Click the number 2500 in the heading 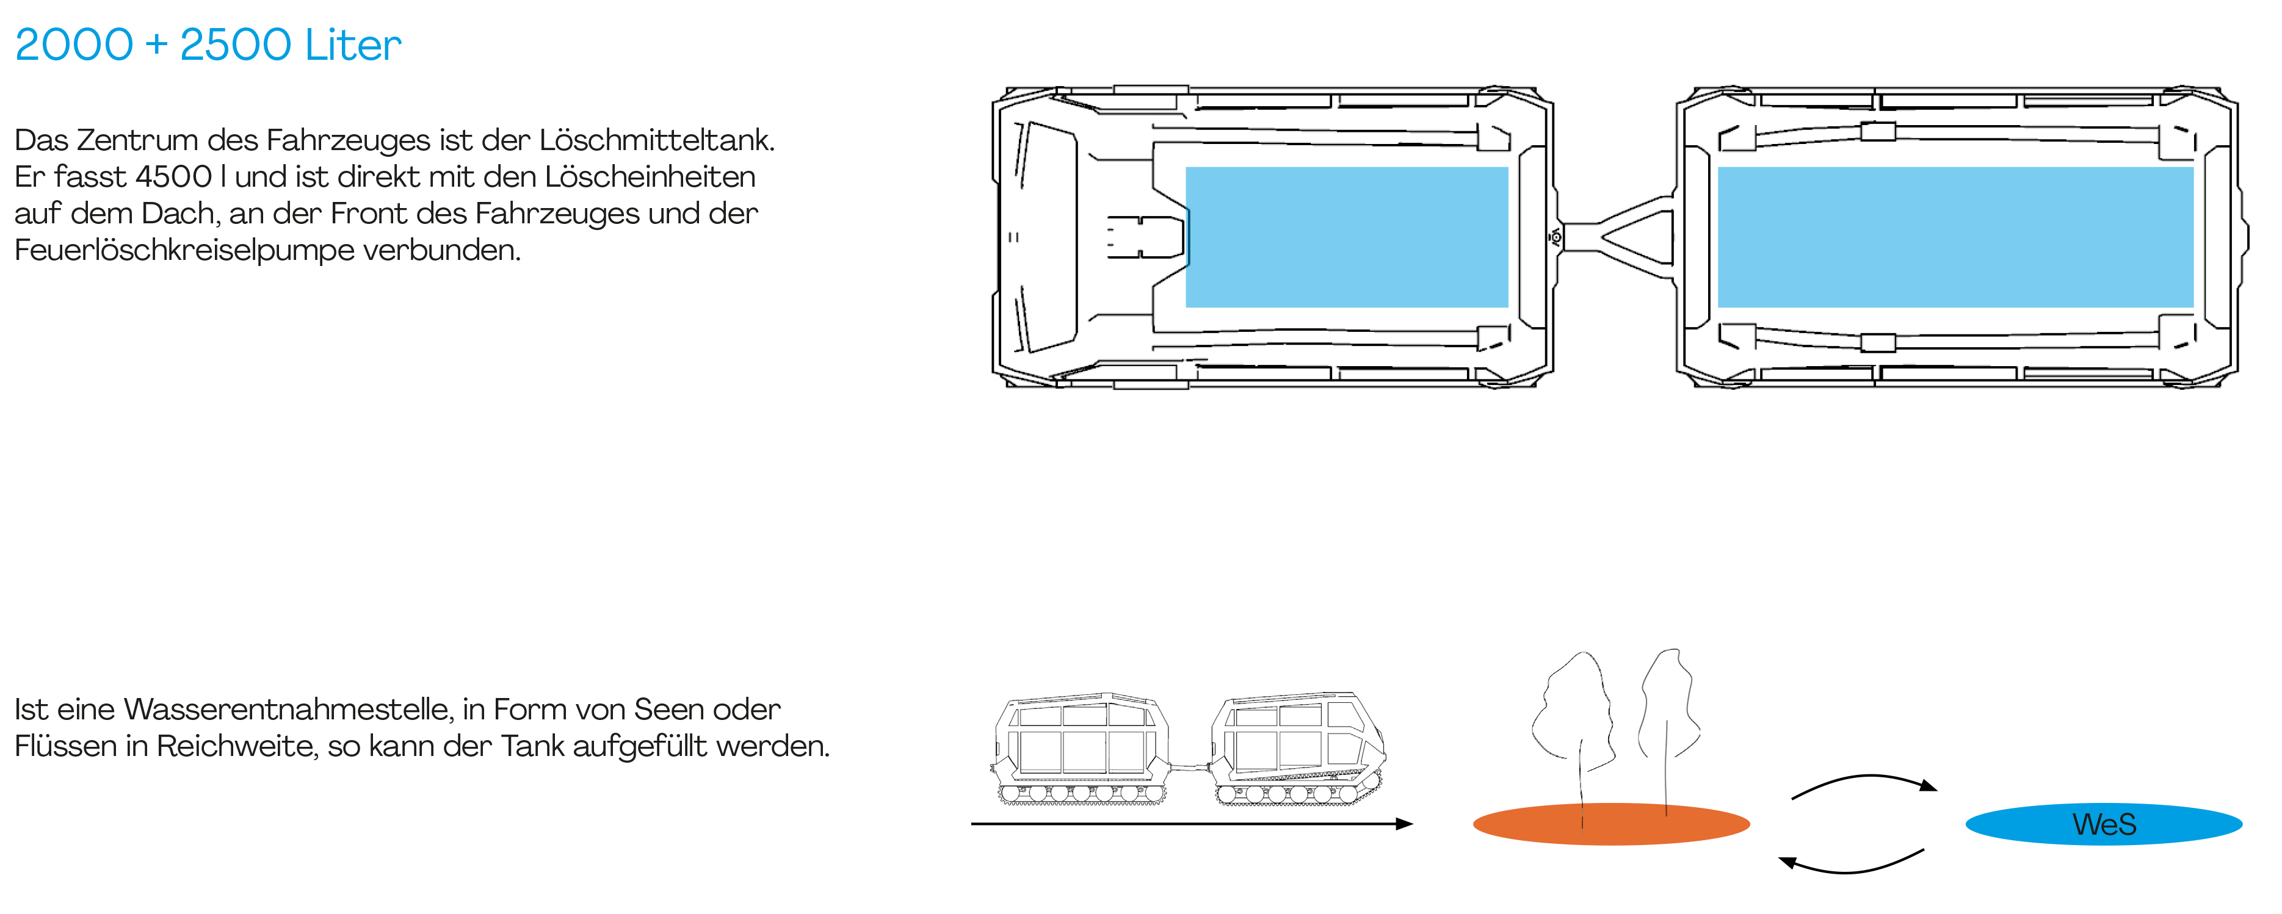click(236, 45)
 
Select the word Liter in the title click(353, 45)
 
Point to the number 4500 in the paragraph click(173, 176)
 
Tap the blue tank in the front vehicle click(1347, 237)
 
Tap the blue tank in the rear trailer click(1955, 237)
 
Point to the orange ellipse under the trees click(1610, 824)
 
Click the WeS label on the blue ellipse click(2104, 824)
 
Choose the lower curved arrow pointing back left click(1852, 863)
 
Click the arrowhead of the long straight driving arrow click(1404, 824)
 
